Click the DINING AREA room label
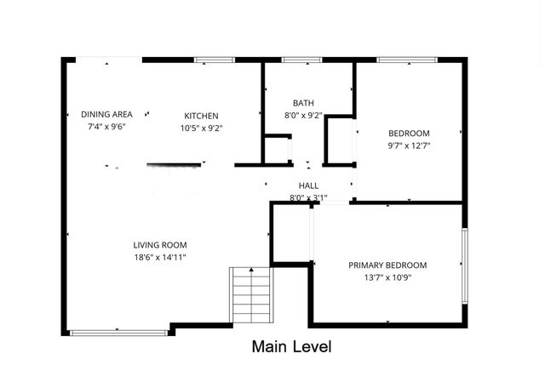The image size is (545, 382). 106,114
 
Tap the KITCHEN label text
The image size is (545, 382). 202,116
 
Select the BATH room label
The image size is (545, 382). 303,103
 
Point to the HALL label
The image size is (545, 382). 308,185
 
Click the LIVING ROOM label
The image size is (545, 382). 159,245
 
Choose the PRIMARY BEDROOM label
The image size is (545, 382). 387,265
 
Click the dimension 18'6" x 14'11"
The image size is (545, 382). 159,257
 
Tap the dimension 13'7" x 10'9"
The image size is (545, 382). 387,277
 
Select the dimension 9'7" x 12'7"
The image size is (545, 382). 409,145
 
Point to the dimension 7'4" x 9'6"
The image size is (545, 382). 106,126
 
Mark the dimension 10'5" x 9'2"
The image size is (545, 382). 202,128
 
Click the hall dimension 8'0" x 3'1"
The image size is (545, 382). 308,197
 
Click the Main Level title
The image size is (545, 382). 291,346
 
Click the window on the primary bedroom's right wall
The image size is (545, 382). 464,265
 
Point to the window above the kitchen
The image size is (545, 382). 215,60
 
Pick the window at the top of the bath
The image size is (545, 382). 295,60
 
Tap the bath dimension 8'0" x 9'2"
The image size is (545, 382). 303,116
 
